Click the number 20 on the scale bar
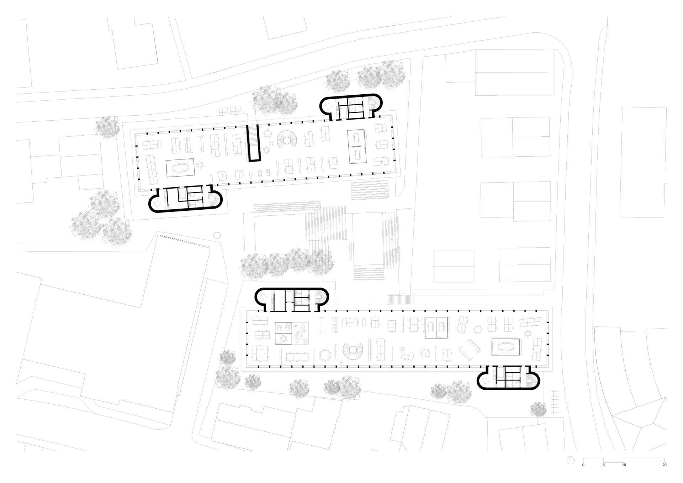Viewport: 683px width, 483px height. (x=664, y=465)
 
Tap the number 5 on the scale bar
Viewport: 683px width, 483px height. (x=603, y=465)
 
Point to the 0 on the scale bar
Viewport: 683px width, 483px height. (x=583, y=465)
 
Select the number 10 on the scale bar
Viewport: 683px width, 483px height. (x=624, y=465)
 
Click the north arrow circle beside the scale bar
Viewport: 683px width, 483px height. (x=571, y=460)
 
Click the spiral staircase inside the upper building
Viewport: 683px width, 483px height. (x=287, y=140)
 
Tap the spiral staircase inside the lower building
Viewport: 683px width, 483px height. (x=353, y=351)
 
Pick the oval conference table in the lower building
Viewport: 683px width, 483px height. (x=505, y=346)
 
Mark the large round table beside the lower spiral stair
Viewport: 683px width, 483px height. (x=325, y=355)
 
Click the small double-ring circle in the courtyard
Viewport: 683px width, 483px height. (x=217, y=235)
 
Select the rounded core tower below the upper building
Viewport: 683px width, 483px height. (x=185, y=199)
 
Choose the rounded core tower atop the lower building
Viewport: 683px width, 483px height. (x=292, y=299)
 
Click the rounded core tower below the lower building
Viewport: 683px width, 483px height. (x=508, y=378)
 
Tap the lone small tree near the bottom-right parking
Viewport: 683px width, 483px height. (x=538, y=409)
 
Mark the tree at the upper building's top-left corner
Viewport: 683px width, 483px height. (x=108, y=127)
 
